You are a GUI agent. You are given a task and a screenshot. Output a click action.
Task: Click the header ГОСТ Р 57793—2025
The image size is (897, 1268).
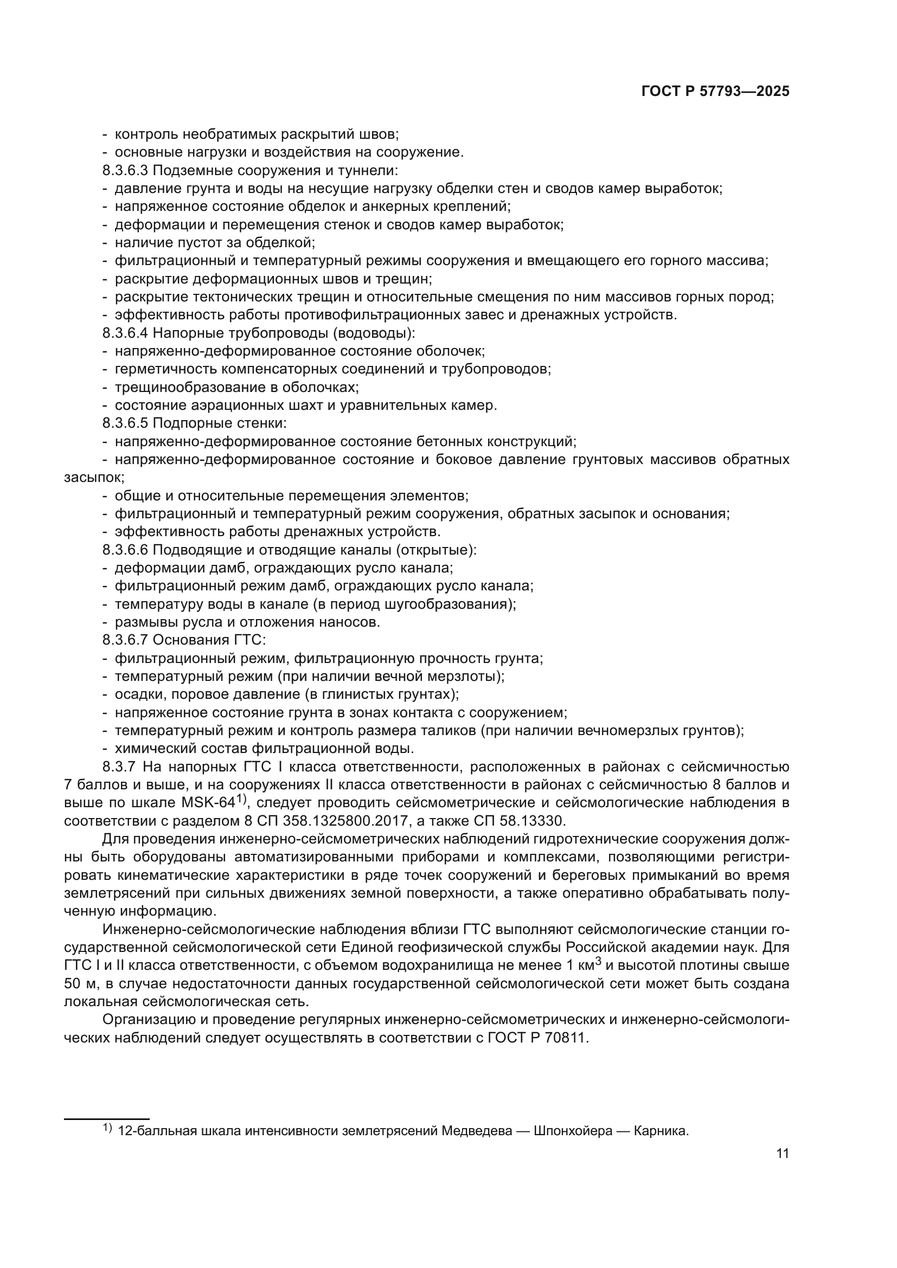[715, 92]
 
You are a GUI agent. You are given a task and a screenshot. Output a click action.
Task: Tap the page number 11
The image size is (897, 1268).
[782, 1153]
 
